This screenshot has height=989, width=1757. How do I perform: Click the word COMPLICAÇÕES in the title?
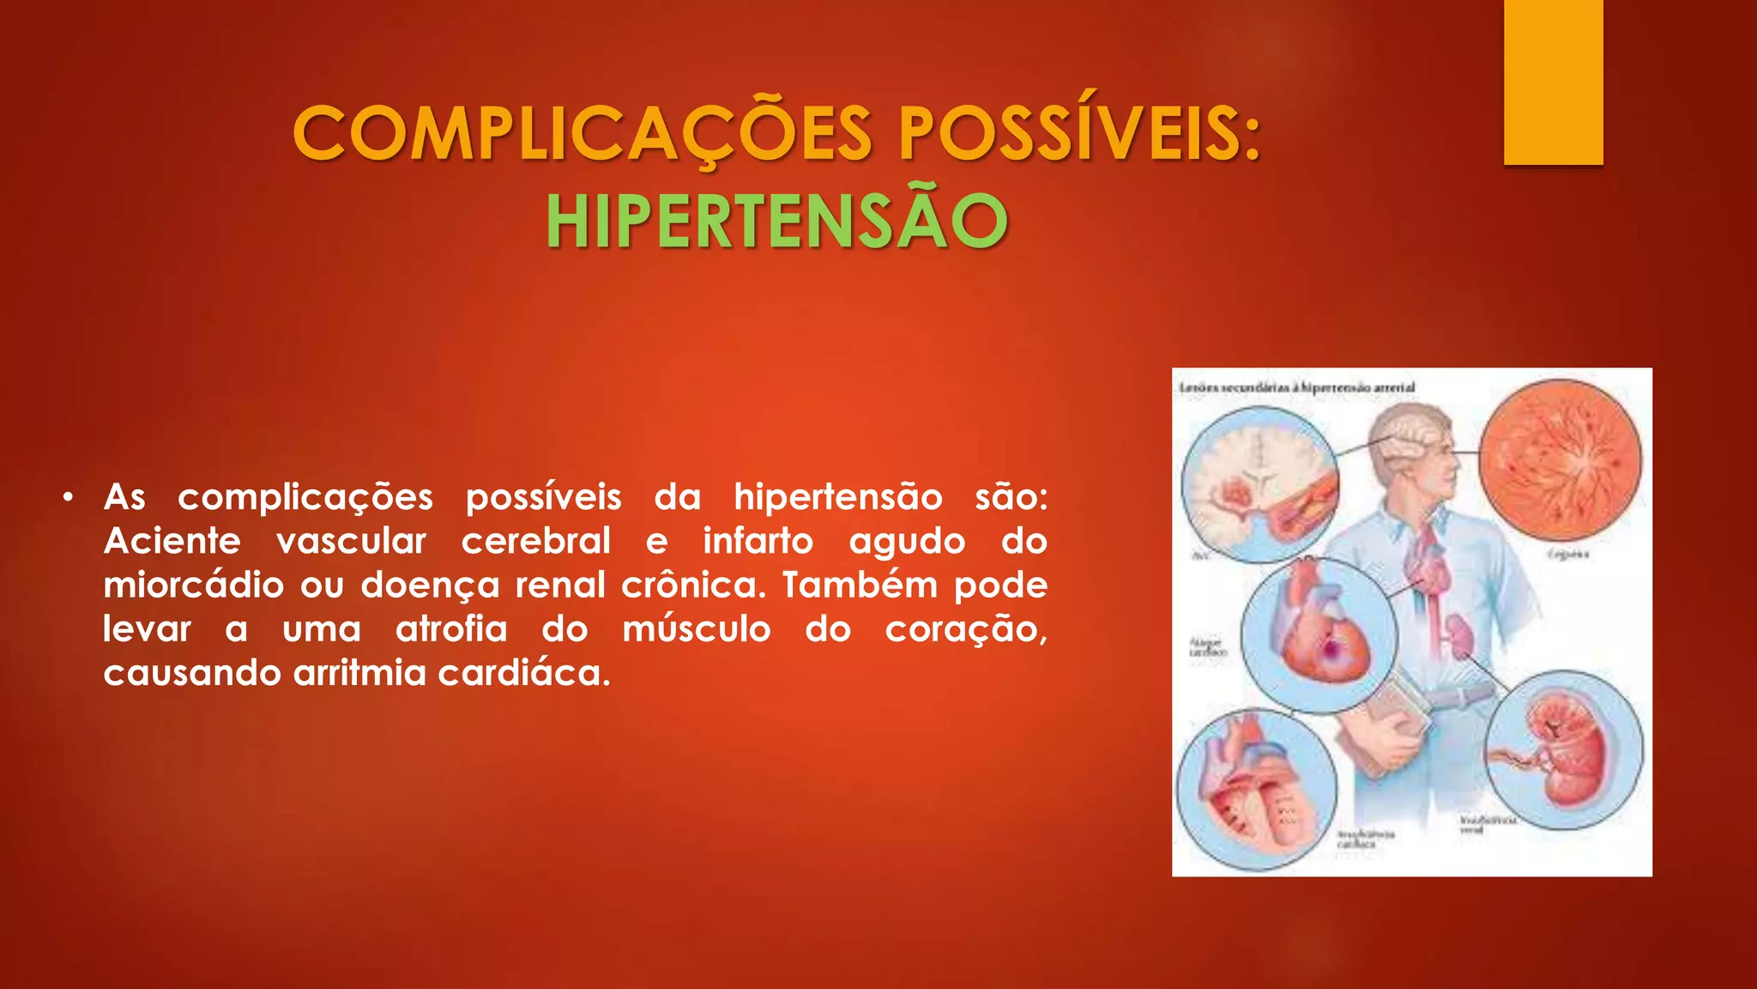[583, 135]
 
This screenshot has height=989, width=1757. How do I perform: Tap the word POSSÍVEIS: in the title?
[1079, 135]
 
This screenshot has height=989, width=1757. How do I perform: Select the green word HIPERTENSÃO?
[776, 221]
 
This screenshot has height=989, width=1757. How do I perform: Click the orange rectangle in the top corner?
[1553, 82]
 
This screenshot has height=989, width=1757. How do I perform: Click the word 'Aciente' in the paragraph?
[172, 542]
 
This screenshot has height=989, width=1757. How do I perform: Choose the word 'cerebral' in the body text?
[536, 542]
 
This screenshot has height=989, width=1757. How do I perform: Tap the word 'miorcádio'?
[194, 586]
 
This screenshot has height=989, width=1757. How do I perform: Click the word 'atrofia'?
[451, 629]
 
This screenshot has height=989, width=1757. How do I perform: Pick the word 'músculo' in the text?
[697, 629]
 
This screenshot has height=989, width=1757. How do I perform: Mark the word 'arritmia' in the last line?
[359, 673]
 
